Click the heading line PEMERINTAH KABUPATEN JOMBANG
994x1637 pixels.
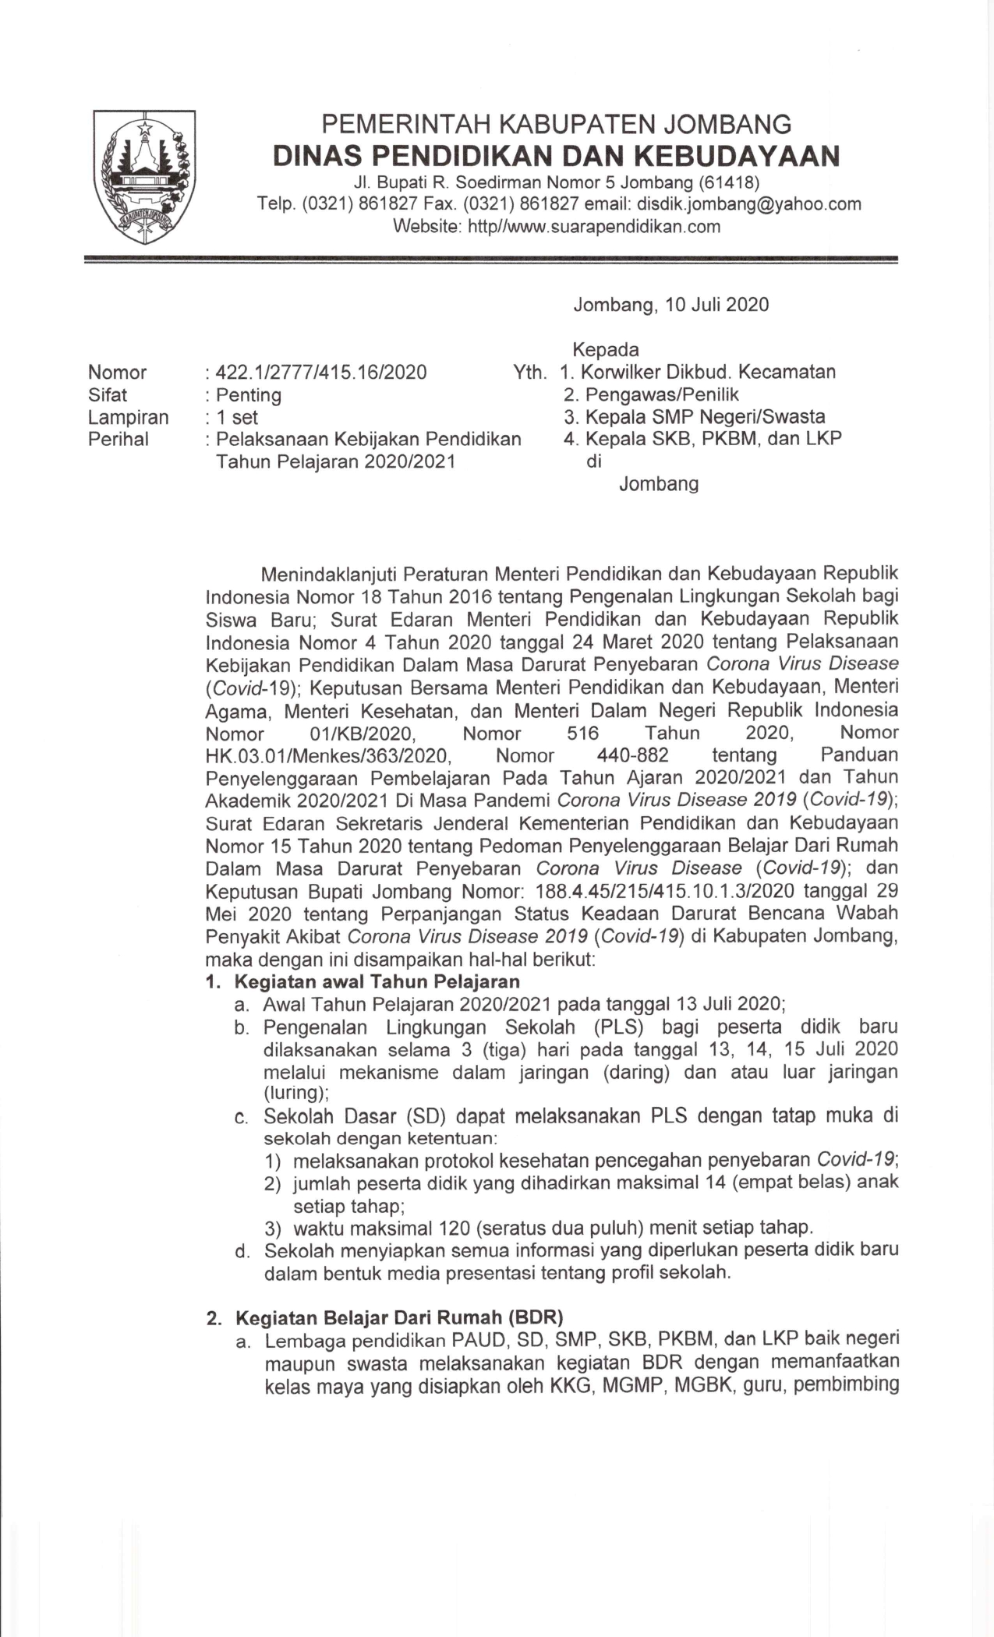pos(557,124)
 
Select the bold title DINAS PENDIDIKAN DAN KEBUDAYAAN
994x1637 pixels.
pos(557,156)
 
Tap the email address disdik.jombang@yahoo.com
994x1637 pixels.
pos(749,204)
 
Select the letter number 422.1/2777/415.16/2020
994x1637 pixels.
pos(321,373)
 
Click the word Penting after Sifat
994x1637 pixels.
pos(249,395)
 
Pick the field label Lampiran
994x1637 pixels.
pos(129,418)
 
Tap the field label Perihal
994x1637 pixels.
pos(119,440)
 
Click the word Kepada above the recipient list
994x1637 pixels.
pos(606,349)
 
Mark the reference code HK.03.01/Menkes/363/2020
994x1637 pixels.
pos(328,755)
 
